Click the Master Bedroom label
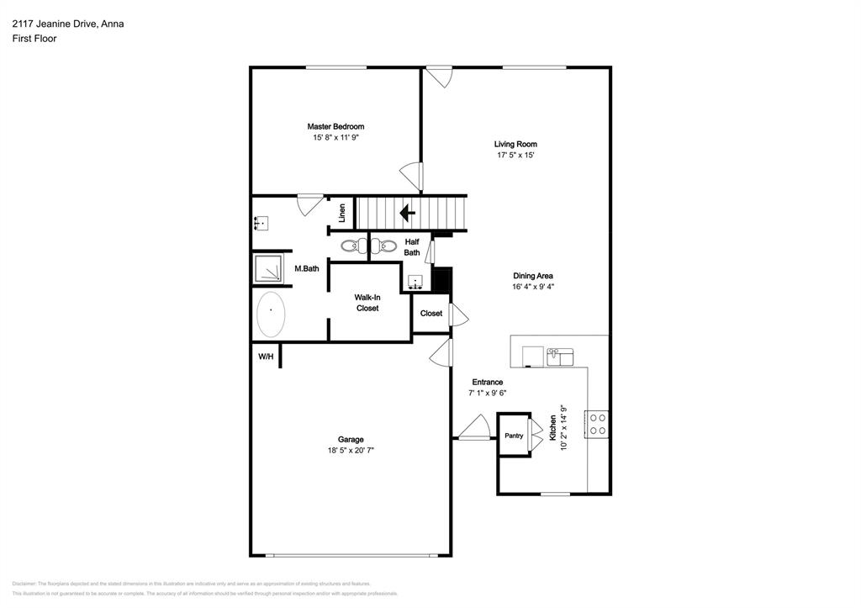coord(335,126)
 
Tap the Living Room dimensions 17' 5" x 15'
coord(515,155)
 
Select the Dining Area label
coord(533,275)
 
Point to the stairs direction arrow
coord(408,213)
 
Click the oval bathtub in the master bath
coord(271,315)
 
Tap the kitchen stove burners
coord(598,423)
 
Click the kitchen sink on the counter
coord(559,357)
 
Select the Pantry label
coord(513,436)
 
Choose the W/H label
coord(265,357)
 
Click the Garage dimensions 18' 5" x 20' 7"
coord(351,450)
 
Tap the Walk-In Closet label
coord(366,303)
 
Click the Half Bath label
coord(412,246)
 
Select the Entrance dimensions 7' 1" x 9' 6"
coord(487,393)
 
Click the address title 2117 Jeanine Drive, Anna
coord(68,24)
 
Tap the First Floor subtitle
coord(34,38)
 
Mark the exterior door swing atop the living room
coord(438,77)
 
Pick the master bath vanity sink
coord(261,223)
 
